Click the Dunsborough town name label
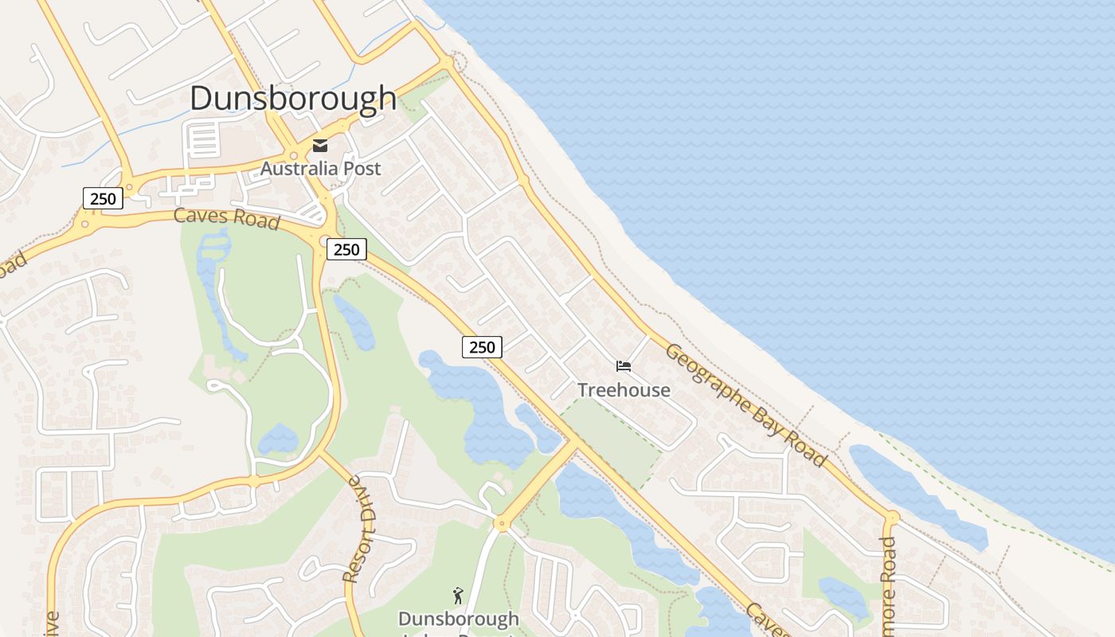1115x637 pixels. (x=293, y=98)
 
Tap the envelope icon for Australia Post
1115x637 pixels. (x=320, y=145)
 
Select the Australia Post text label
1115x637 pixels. (x=320, y=169)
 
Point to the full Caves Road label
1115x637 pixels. (x=227, y=217)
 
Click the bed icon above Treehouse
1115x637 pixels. (x=624, y=366)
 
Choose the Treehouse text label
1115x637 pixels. (x=624, y=389)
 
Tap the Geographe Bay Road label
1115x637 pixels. (x=745, y=404)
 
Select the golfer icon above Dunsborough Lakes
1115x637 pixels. (x=458, y=596)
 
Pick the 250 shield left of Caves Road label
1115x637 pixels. (x=103, y=198)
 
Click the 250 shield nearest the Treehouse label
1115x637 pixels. (x=482, y=346)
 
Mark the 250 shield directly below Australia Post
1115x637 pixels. (x=346, y=249)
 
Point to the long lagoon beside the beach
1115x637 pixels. (x=916, y=494)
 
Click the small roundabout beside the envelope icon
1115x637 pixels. (x=294, y=156)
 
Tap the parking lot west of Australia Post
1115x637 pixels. (x=201, y=140)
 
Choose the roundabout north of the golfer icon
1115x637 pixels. (x=501, y=523)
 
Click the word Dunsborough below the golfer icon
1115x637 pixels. (x=458, y=619)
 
